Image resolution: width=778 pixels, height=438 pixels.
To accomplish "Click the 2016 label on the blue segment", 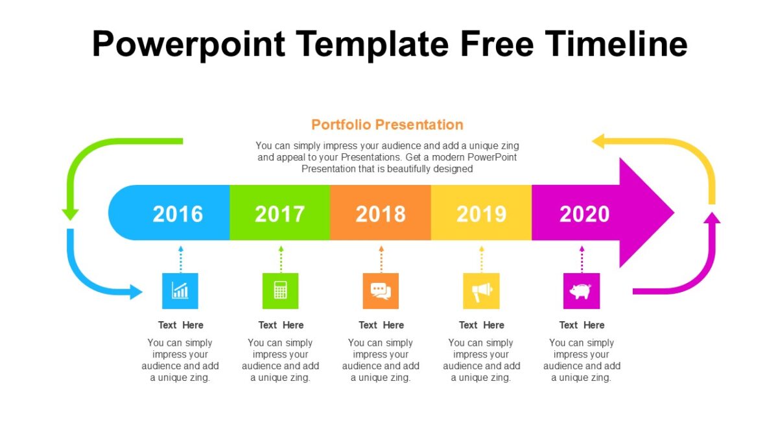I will (x=178, y=214).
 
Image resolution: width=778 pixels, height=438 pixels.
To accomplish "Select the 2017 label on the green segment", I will (x=279, y=214).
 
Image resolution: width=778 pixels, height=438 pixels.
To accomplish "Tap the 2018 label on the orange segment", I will (x=381, y=214).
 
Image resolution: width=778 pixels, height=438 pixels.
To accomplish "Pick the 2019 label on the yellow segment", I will (x=481, y=214).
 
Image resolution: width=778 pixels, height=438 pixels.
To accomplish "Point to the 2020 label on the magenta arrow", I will (x=584, y=214).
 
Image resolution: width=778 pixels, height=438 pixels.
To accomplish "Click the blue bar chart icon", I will (x=180, y=291).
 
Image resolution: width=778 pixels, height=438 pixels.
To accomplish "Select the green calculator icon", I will (x=280, y=291).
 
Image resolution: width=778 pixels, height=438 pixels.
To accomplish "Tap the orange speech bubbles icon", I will (x=381, y=291).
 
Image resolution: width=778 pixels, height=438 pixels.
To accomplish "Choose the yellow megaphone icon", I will (x=481, y=291).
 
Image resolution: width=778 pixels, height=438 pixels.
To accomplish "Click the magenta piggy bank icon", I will (x=581, y=291).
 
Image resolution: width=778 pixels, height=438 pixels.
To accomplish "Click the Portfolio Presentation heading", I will (x=387, y=125).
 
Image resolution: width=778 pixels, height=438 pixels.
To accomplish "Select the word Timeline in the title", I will (x=616, y=44).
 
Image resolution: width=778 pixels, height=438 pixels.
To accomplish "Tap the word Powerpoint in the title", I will (x=188, y=44).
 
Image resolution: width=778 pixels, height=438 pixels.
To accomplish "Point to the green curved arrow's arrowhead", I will (x=70, y=214).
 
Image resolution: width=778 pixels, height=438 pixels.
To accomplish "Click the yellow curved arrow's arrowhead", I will (x=598, y=141).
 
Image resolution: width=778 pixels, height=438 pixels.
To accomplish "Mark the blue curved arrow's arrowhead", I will (x=136, y=292).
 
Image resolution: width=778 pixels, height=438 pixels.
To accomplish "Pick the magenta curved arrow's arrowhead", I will (x=712, y=218).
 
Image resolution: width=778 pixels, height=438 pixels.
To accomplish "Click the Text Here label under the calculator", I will (x=281, y=325).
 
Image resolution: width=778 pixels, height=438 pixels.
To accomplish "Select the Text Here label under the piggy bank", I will (x=582, y=325).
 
